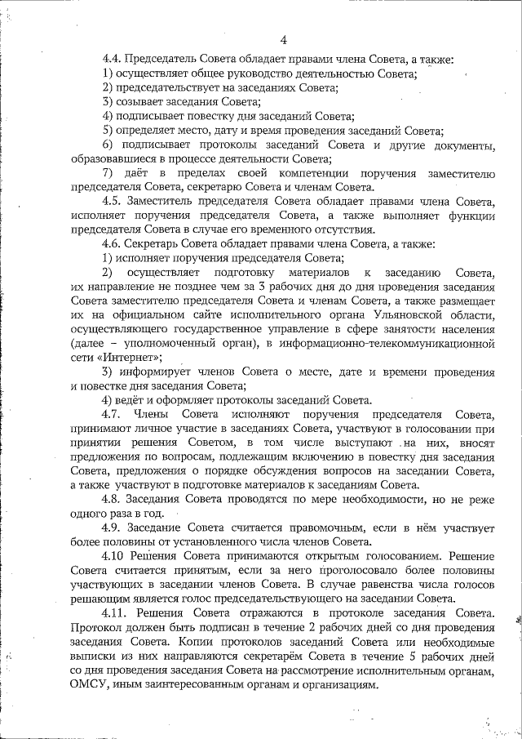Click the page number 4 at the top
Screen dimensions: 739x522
pos(283,40)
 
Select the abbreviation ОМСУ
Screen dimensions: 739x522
pos(91,684)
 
